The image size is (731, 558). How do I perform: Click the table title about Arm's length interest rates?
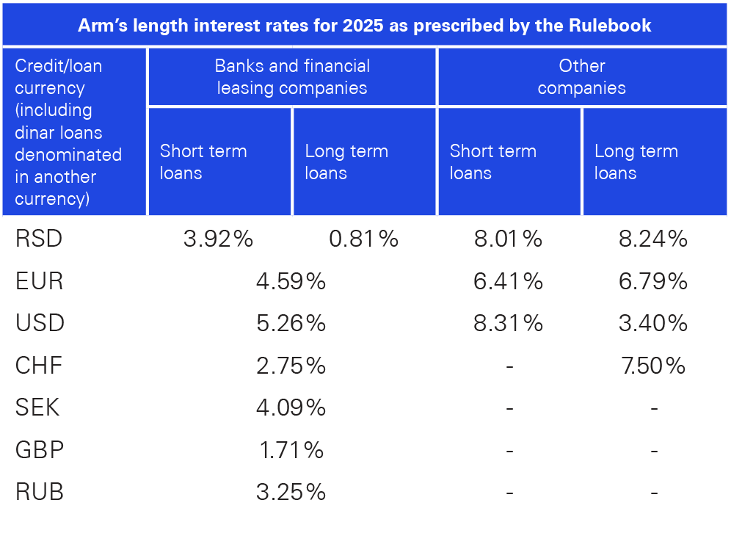pos(365,25)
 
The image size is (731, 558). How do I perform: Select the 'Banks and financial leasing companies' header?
pos(292,77)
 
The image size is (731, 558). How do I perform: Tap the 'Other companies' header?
pos(581,77)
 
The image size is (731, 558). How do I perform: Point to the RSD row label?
pos(39,239)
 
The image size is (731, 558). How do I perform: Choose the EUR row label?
pos(39,281)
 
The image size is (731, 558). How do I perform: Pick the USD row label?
pos(40,323)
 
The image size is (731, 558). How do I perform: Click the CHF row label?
pos(39,366)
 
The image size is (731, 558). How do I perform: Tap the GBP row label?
pos(40,450)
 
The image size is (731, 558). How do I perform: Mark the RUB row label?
pos(40,492)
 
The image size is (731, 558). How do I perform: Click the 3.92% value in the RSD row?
pos(218,239)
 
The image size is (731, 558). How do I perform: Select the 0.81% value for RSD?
pos(363,239)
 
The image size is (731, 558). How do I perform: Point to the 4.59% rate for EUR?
pos(291,281)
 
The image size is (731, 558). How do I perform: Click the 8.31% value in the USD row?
pos(508,323)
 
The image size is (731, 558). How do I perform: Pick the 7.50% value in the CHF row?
pos(652,366)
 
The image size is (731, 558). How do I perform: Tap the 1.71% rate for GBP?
pos(291,450)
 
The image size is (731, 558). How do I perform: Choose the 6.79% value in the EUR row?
pos(652,281)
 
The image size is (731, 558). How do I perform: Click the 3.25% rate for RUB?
pos(291,492)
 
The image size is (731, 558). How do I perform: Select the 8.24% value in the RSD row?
pos(652,239)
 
